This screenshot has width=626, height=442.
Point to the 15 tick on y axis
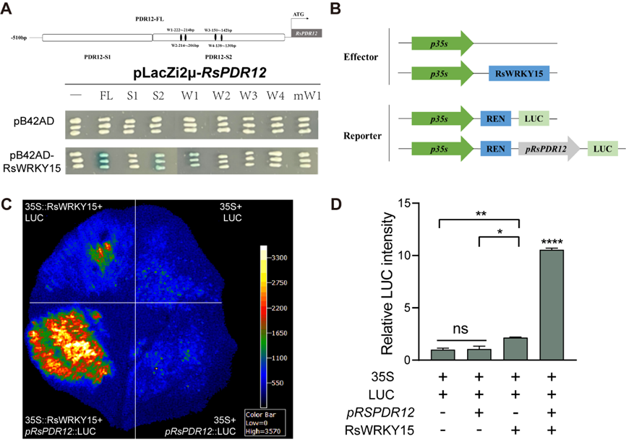415,204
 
